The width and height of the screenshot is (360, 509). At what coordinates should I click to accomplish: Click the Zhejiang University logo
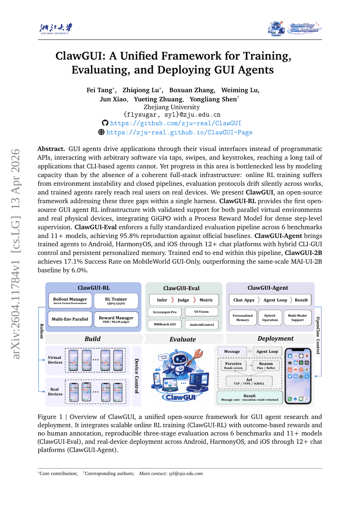pos(56,29)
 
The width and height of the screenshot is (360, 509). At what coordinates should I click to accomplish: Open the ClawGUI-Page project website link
pos(179,132)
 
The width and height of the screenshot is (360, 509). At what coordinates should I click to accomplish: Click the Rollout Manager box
pos(70,301)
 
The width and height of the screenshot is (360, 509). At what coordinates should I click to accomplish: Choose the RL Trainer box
pos(116,301)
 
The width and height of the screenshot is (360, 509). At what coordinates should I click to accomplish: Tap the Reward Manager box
pos(116,319)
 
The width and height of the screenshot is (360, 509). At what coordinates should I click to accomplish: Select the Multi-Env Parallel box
pos(70,319)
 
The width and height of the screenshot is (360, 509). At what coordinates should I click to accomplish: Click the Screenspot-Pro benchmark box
pos(165,312)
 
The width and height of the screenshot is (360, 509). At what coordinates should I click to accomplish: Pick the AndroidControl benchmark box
pos(202,325)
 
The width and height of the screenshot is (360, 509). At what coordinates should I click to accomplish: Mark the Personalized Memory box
pos(242,318)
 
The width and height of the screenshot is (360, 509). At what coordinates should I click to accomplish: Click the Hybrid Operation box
pos(270,318)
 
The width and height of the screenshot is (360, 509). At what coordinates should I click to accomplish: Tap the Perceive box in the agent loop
pos(233,365)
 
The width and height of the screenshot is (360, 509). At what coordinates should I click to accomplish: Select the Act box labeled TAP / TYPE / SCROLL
pos(249,382)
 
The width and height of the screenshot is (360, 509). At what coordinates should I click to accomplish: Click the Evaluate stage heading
pos(183,339)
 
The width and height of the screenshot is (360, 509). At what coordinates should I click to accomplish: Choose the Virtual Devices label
pos(55,360)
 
